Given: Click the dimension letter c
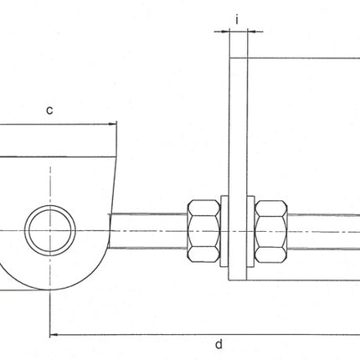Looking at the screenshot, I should [x=49, y=110].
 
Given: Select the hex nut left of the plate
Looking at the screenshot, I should [x=203, y=230].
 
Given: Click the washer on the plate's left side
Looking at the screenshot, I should [x=224, y=230].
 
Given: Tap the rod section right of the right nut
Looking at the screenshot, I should [x=327, y=229].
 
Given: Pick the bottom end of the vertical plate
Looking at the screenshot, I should [x=238, y=275].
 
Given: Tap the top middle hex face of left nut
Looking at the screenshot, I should [x=203, y=207].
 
